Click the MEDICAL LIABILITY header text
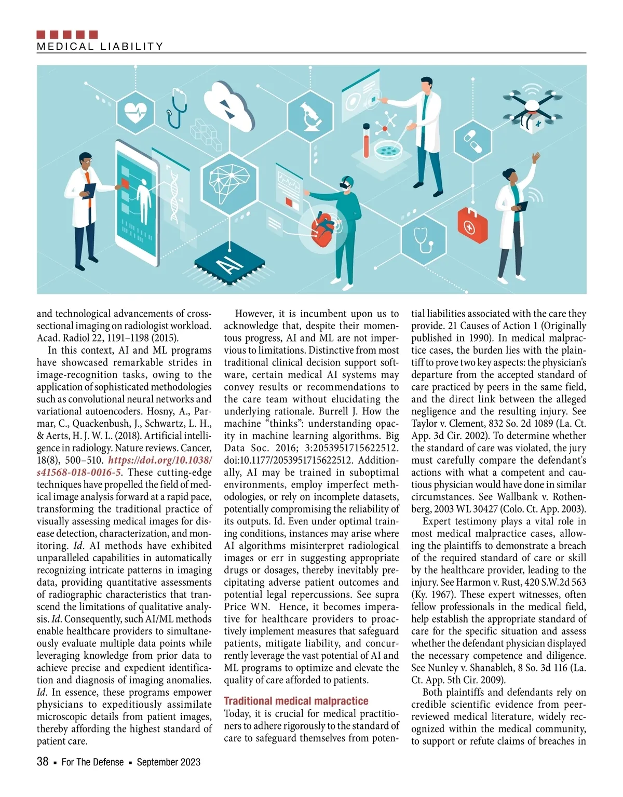pyautogui.click(x=100, y=46)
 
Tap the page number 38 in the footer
pyautogui.click(x=43, y=762)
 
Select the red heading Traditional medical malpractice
pyautogui.click(x=296, y=700)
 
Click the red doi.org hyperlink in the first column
pyautogui.click(x=124, y=466)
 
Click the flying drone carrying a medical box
pyautogui.click(x=533, y=110)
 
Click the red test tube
pyautogui.click(x=367, y=141)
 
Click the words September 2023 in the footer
pyautogui.click(x=168, y=762)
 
